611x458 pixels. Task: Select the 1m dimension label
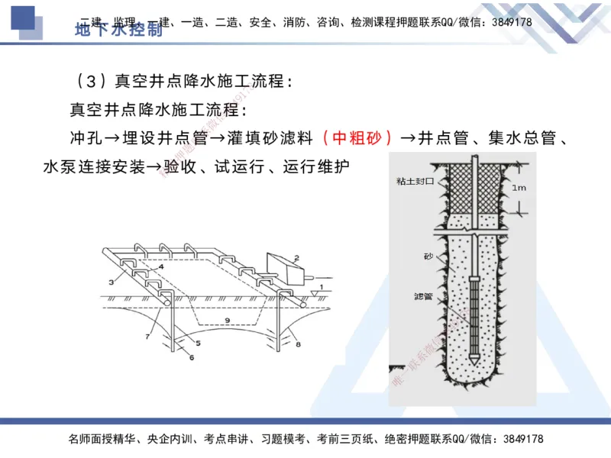(x=519, y=187)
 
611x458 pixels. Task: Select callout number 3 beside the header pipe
(x=112, y=282)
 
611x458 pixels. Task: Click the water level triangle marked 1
(x=315, y=292)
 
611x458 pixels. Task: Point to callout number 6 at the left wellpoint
(x=192, y=356)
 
